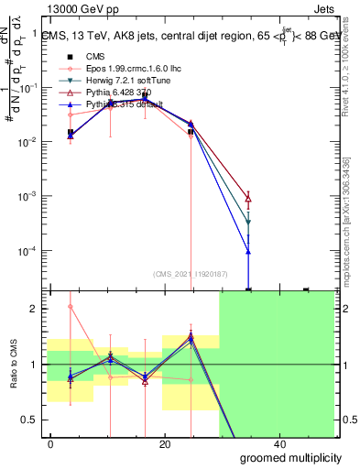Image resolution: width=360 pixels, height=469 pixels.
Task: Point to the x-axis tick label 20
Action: coord(164,443)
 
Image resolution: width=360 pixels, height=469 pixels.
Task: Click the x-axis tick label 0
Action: coord(50,443)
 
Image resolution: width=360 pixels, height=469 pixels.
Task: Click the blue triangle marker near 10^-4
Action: coord(249,252)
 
